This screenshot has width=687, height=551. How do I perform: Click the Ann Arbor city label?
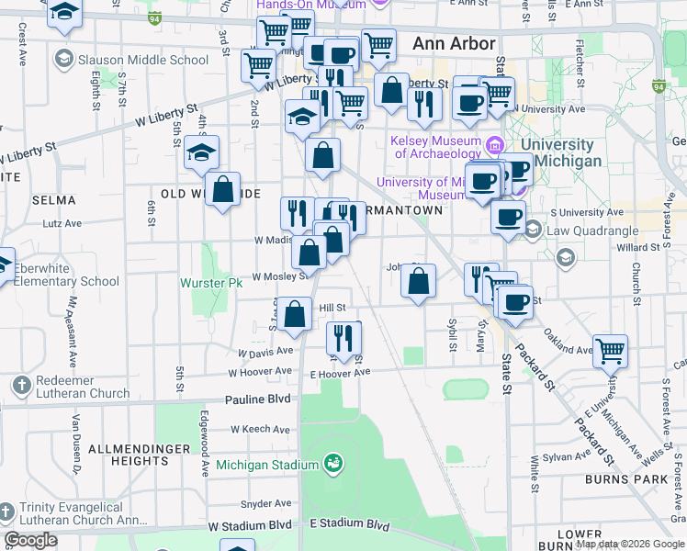coord(454,43)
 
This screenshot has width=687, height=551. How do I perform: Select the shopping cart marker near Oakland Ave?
coord(610,351)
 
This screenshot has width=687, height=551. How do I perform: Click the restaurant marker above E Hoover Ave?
coord(344,338)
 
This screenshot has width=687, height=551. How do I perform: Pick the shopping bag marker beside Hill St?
coord(296,315)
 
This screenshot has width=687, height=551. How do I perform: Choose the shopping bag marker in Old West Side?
coord(223,190)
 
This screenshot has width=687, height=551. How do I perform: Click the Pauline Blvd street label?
coord(258,399)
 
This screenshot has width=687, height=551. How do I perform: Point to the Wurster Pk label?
coord(210,283)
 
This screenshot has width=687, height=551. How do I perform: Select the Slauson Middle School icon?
coord(63,60)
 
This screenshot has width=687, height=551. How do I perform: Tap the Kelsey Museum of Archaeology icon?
coord(495,145)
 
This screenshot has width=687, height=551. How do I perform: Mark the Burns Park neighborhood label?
coord(644,479)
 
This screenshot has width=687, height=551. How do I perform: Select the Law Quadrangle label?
coord(587,231)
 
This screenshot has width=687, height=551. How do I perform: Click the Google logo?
coord(31,539)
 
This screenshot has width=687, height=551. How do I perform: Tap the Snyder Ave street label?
coord(265,504)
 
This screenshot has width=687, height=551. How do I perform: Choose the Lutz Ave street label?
coord(88,222)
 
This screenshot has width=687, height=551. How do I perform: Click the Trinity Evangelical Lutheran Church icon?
coord(7,510)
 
